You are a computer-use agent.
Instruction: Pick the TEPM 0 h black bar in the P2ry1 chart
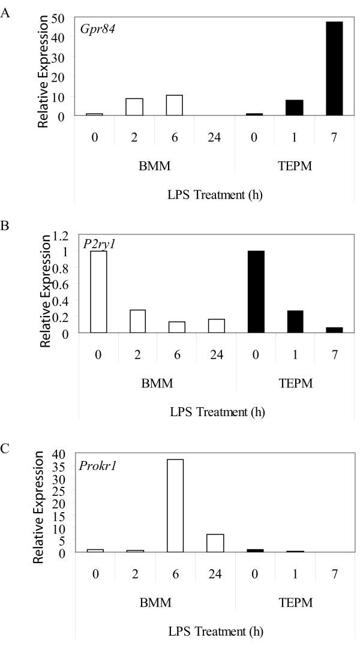click(256, 291)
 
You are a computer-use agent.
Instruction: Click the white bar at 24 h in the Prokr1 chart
click(215, 543)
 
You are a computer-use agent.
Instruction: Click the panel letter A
click(5, 13)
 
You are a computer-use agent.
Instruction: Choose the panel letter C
click(5, 449)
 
